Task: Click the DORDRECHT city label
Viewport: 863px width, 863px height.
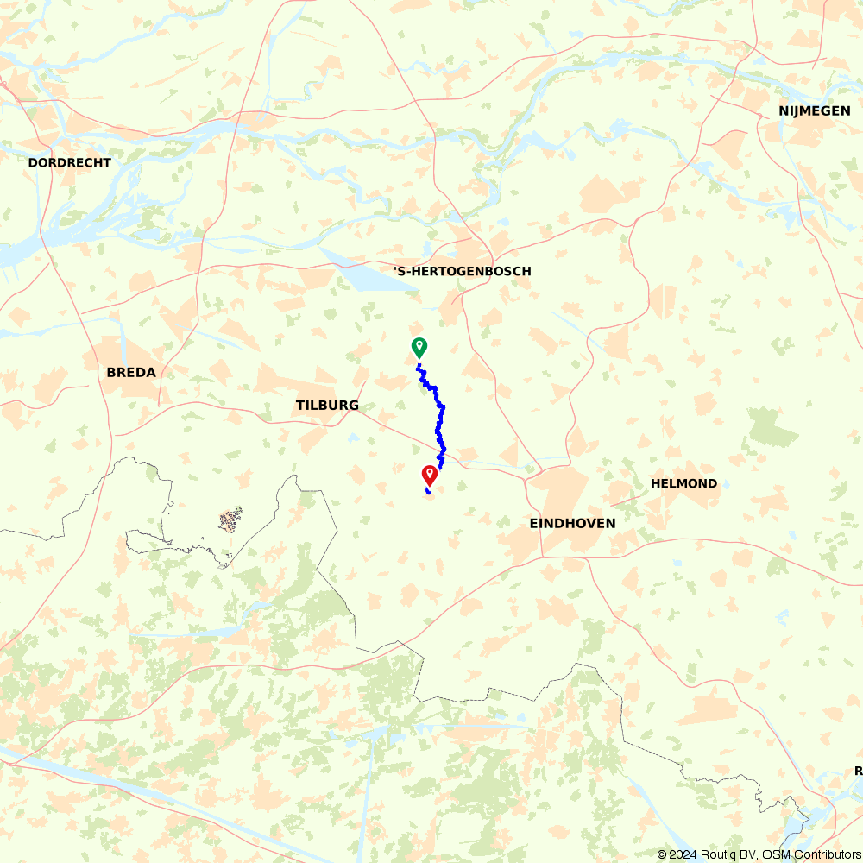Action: (70, 162)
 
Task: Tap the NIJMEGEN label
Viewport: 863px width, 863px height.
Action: (814, 110)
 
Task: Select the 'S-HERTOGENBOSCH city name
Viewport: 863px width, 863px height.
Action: (463, 271)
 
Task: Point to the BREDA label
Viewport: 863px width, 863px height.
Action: (131, 373)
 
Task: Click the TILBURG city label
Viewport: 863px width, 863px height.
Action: (327, 406)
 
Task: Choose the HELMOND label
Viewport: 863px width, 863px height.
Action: (684, 483)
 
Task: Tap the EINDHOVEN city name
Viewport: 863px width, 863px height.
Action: (572, 523)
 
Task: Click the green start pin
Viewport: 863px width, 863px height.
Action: (419, 347)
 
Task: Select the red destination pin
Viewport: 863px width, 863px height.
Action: (429, 474)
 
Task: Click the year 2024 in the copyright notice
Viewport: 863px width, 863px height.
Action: (682, 854)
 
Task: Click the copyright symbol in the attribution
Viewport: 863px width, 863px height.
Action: (662, 854)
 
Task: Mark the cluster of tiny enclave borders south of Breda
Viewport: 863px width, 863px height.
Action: (230, 520)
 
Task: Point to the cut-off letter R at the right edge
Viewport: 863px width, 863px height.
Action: (859, 770)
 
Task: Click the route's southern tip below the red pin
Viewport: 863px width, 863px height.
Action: (429, 493)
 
